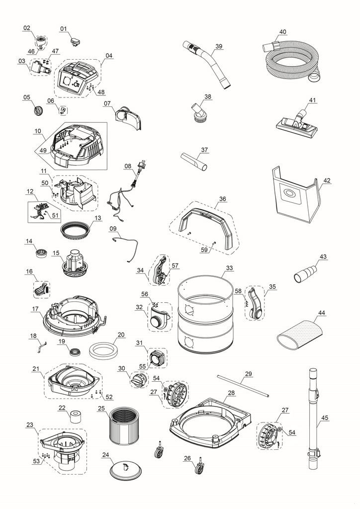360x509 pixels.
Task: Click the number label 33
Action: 229,268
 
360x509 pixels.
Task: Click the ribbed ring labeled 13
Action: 77,230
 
